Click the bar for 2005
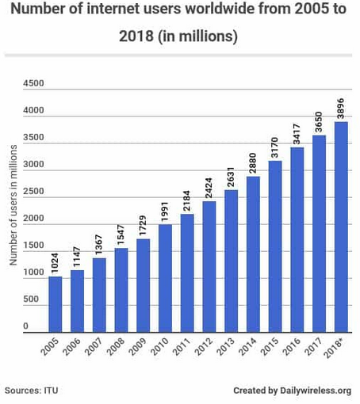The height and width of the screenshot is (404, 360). (56, 304)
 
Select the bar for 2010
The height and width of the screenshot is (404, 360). (165, 278)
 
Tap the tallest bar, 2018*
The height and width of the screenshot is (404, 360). (341, 227)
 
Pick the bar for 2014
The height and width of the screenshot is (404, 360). (253, 254)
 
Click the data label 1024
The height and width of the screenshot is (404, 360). (55, 264)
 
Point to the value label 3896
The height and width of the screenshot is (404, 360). (340, 109)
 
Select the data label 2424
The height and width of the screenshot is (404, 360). (209, 189)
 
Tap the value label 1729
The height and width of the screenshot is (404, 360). (143, 226)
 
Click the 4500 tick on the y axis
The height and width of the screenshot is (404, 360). (33, 83)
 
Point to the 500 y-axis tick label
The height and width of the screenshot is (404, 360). (31, 299)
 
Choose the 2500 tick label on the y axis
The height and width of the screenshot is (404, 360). (33, 191)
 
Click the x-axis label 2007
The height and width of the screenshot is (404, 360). (94, 347)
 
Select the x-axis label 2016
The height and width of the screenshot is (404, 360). (292, 347)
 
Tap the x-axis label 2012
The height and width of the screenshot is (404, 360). (204, 347)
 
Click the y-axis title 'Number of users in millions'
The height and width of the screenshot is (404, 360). (13, 205)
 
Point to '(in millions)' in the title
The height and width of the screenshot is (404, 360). (197, 36)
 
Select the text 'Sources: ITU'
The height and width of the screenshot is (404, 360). (31, 391)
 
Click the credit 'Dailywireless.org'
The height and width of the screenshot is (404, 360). (316, 391)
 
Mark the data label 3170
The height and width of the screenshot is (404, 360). (274, 147)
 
